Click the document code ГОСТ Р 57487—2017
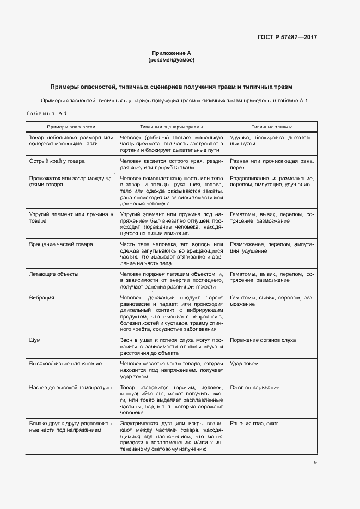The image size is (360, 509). pos(287,37)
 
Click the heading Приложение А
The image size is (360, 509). pos(172,53)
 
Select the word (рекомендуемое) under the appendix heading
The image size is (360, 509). pos(172,60)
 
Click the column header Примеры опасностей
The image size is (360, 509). pos(71,126)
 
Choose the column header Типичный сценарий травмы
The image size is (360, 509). pos(171,126)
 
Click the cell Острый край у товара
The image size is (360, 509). pos(57,161)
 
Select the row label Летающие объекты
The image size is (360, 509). pos(53,274)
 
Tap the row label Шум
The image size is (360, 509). pos(34,340)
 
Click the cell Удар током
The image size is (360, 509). pos(244,363)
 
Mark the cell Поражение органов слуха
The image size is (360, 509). pos(263,340)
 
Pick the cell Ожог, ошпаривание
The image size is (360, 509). pos(255,387)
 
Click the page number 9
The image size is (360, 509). pos(315,463)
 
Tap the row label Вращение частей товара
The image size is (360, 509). pos(61,244)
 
